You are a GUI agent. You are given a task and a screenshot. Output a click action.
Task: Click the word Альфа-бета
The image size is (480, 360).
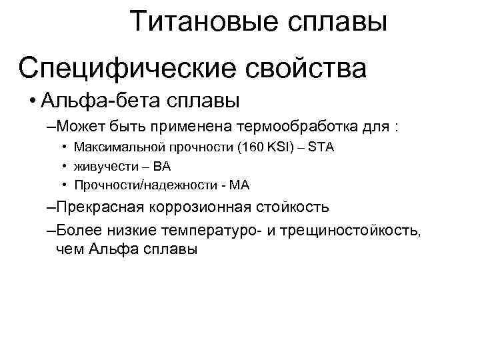point(87,101)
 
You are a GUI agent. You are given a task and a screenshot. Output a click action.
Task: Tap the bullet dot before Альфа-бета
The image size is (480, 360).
point(33,102)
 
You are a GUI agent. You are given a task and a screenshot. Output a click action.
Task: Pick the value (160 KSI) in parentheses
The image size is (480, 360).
point(263,147)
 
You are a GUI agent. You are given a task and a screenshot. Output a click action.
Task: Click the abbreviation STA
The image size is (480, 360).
point(321,147)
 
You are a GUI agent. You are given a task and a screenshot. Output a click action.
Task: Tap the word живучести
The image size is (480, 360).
point(103,166)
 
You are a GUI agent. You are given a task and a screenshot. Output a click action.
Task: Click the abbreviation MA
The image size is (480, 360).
point(239,185)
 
